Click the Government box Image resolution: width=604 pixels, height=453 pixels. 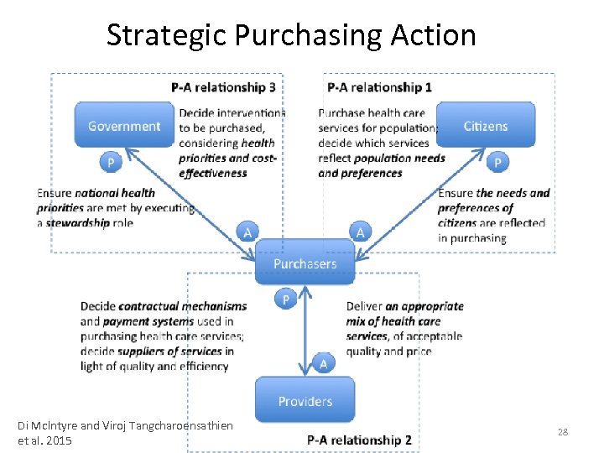click(124, 126)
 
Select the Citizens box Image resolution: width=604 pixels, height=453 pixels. click(486, 126)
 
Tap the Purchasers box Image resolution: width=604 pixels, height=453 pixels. click(305, 263)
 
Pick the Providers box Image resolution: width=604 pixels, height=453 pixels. click(305, 400)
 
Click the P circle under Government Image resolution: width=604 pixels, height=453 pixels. click(110, 161)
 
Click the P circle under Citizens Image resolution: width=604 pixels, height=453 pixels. click(498, 161)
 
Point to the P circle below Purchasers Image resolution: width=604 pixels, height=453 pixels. click(285, 299)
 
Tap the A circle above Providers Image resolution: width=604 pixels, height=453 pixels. click(323, 363)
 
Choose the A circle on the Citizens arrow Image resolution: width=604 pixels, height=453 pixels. click(360, 231)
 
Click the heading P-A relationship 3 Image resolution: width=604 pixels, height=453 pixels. click(223, 86)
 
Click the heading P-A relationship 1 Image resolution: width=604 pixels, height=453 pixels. click(380, 86)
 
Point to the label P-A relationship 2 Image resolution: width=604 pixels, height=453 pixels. click(359, 440)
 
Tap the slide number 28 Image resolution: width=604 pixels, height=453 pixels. click(563, 431)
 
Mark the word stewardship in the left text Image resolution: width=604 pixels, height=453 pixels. click(77, 223)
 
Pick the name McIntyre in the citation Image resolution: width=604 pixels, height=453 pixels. click(59, 426)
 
